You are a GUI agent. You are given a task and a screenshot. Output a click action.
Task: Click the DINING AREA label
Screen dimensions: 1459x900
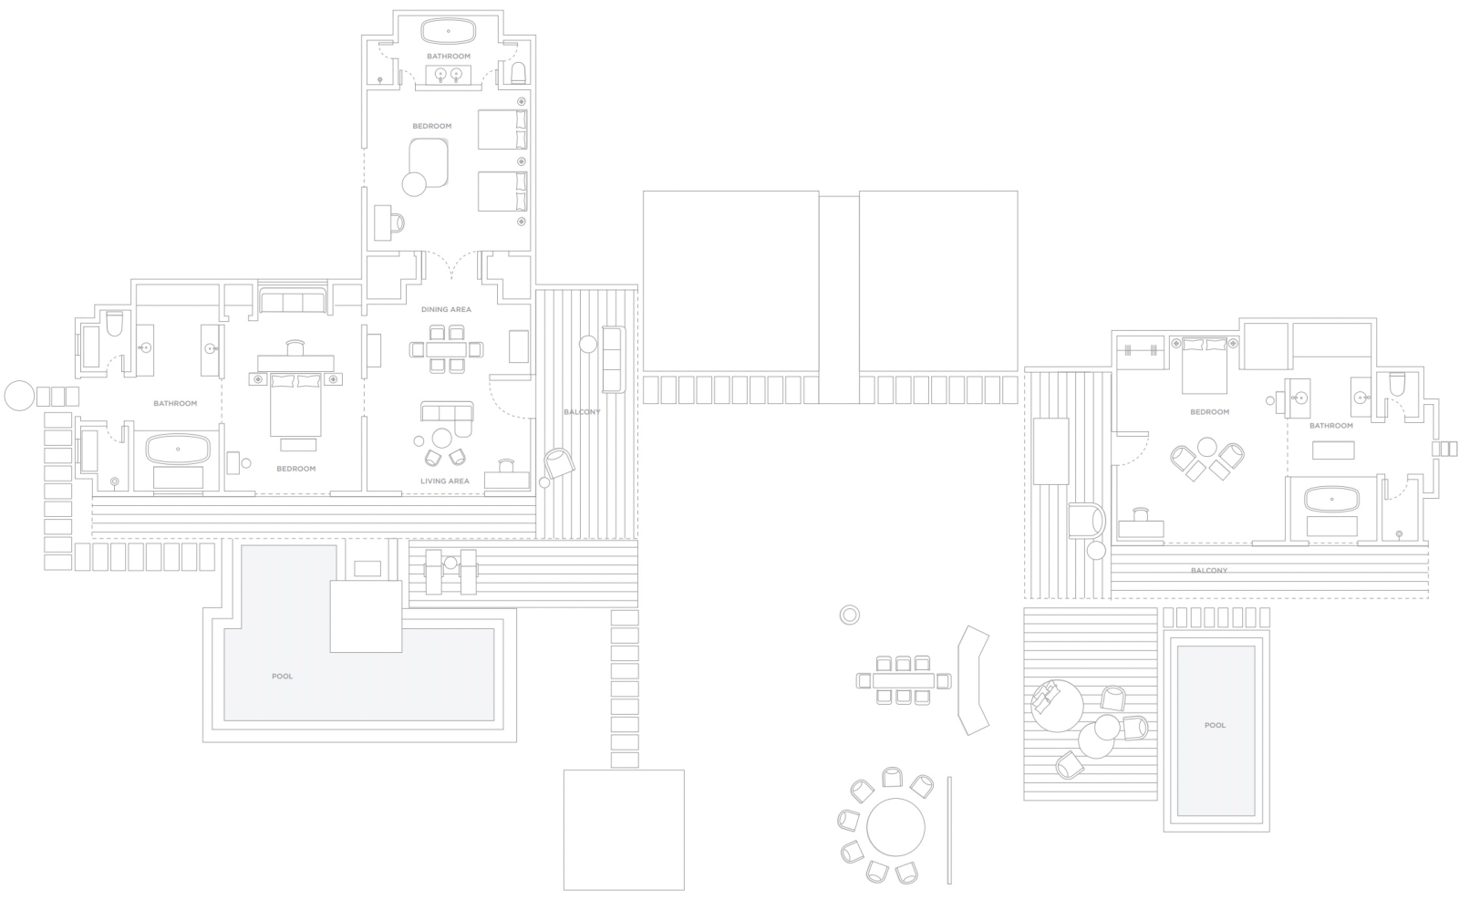(x=446, y=309)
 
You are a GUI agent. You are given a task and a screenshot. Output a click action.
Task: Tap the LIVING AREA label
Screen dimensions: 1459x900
(x=445, y=481)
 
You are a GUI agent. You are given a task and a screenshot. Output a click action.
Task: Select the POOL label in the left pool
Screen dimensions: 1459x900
(x=282, y=677)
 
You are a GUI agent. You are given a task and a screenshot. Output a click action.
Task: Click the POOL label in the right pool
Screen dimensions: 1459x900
(x=1216, y=725)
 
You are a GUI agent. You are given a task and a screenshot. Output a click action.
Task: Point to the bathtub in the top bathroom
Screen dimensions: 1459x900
(x=449, y=31)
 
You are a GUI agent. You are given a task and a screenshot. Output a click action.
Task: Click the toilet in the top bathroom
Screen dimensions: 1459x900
(x=519, y=73)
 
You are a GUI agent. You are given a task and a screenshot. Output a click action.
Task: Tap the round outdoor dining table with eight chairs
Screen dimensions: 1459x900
(x=895, y=828)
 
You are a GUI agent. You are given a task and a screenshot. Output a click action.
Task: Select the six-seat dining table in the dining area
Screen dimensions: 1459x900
(x=447, y=350)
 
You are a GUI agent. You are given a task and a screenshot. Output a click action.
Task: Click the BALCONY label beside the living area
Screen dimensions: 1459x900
(x=583, y=412)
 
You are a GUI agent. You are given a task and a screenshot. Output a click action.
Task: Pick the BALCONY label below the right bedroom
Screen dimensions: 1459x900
(x=1209, y=571)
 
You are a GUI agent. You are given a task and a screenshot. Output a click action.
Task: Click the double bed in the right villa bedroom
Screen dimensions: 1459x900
(x=1205, y=366)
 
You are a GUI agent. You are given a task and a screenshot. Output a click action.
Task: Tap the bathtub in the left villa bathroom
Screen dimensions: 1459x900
(x=178, y=450)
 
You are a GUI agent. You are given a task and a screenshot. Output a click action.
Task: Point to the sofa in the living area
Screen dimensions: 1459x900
(x=447, y=417)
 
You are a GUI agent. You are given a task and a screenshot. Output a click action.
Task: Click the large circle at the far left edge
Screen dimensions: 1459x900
(x=19, y=396)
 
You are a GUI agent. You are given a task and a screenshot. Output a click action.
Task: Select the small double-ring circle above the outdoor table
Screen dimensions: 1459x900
(x=849, y=615)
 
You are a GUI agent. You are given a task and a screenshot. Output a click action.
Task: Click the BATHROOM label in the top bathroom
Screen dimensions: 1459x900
(x=449, y=57)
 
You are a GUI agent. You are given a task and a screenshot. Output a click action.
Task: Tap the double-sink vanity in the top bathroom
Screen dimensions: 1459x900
(x=449, y=75)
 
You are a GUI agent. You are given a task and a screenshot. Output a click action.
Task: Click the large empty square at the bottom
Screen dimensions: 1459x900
(x=624, y=830)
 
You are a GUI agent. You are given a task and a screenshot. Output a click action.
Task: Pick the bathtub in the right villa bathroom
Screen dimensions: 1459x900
(x=1332, y=500)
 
